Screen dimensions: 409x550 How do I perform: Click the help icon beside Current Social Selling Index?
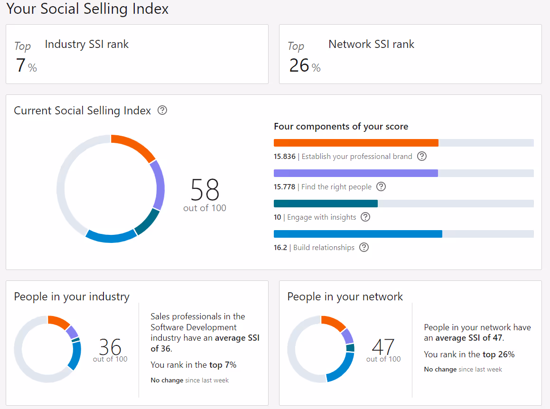(x=162, y=111)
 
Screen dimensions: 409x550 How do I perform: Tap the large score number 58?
(x=205, y=190)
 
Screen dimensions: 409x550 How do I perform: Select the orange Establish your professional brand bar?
(x=356, y=143)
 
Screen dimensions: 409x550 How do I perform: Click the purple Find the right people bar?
(x=355, y=173)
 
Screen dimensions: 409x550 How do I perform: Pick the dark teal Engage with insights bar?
(x=326, y=204)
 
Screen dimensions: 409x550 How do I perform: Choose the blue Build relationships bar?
(x=358, y=234)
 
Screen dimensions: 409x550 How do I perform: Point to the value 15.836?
(x=284, y=157)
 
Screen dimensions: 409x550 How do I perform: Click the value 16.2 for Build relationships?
(x=280, y=248)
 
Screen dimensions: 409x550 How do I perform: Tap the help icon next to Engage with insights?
(x=365, y=217)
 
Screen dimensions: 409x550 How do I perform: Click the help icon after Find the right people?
(x=381, y=186)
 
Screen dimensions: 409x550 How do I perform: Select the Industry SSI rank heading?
(x=87, y=45)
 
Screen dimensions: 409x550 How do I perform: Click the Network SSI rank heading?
(x=371, y=45)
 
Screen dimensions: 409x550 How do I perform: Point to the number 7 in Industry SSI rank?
(x=20, y=65)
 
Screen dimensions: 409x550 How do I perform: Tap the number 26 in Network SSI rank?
(x=299, y=65)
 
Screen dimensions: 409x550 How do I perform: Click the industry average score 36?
(x=110, y=347)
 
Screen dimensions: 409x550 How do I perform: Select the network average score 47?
(x=383, y=347)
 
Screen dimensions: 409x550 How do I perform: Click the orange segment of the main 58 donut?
(x=135, y=145)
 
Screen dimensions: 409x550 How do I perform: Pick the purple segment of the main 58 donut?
(x=158, y=184)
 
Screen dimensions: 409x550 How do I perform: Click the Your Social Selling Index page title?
(x=88, y=9)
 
